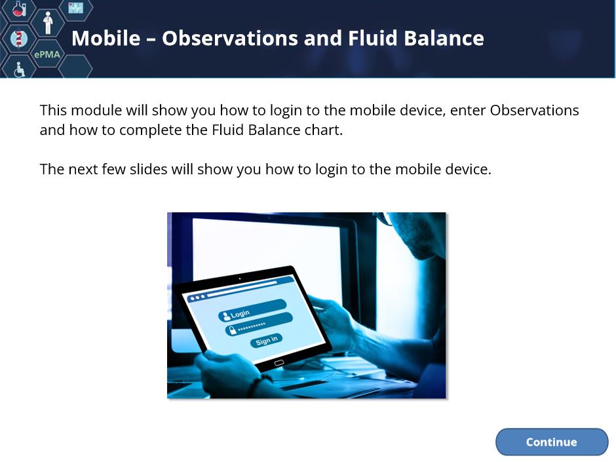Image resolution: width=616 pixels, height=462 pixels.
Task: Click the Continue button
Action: click(x=552, y=442)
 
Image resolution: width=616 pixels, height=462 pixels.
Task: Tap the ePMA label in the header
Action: click(x=47, y=54)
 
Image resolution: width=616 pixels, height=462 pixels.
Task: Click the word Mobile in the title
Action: click(x=106, y=38)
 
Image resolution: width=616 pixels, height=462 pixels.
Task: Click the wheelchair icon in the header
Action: click(x=19, y=70)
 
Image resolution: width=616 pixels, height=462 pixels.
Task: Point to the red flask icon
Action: click(x=18, y=8)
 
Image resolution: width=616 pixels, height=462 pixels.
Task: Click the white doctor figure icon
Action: click(x=48, y=23)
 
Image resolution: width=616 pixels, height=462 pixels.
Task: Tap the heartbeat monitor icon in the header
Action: click(x=75, y=7)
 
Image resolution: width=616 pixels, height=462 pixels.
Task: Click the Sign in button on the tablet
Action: click(x=266, y=340)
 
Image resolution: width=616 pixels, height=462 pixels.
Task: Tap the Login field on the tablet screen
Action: click(x=252, y=311)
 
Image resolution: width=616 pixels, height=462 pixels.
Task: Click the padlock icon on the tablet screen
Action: click(x=232, y=330)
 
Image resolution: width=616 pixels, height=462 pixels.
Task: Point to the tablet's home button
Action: click(x=279, y=363)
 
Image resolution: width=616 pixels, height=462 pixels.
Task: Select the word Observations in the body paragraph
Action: click(x=534, y=110)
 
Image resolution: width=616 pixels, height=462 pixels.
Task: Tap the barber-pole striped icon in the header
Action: click(x=18, y=39)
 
